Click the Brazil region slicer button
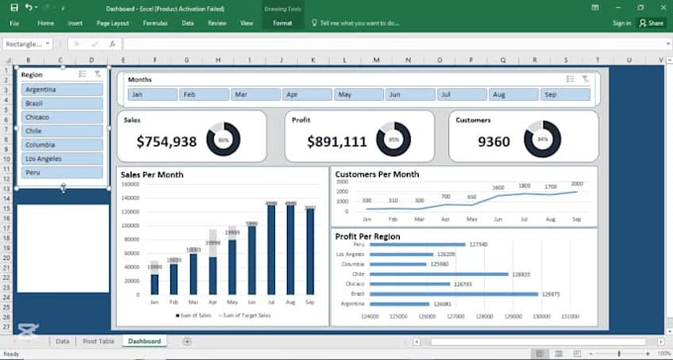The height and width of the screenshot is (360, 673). tap(61, 103)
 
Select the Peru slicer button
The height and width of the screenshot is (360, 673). tap(61, 172)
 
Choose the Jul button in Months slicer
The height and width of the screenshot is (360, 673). tap(460, 95)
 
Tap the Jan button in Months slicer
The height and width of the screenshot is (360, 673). tap(151, 95)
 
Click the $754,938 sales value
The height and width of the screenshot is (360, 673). tap(166, 141)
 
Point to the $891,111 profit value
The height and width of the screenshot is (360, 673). tap(336, 141)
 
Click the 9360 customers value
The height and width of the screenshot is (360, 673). tap(494, 141)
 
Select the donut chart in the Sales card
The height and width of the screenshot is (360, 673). tap(223, 139)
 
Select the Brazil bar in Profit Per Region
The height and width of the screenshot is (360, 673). tap(454, 294)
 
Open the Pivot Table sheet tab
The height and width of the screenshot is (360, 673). tap(98, 341)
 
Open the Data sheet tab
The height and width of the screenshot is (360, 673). tap(62, 341)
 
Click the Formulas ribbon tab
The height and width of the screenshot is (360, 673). tap(154, 22)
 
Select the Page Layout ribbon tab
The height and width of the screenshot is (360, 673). tap(114, 22)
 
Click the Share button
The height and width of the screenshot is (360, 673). tap(651, 22)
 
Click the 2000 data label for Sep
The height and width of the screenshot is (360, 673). tap(577, 184)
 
